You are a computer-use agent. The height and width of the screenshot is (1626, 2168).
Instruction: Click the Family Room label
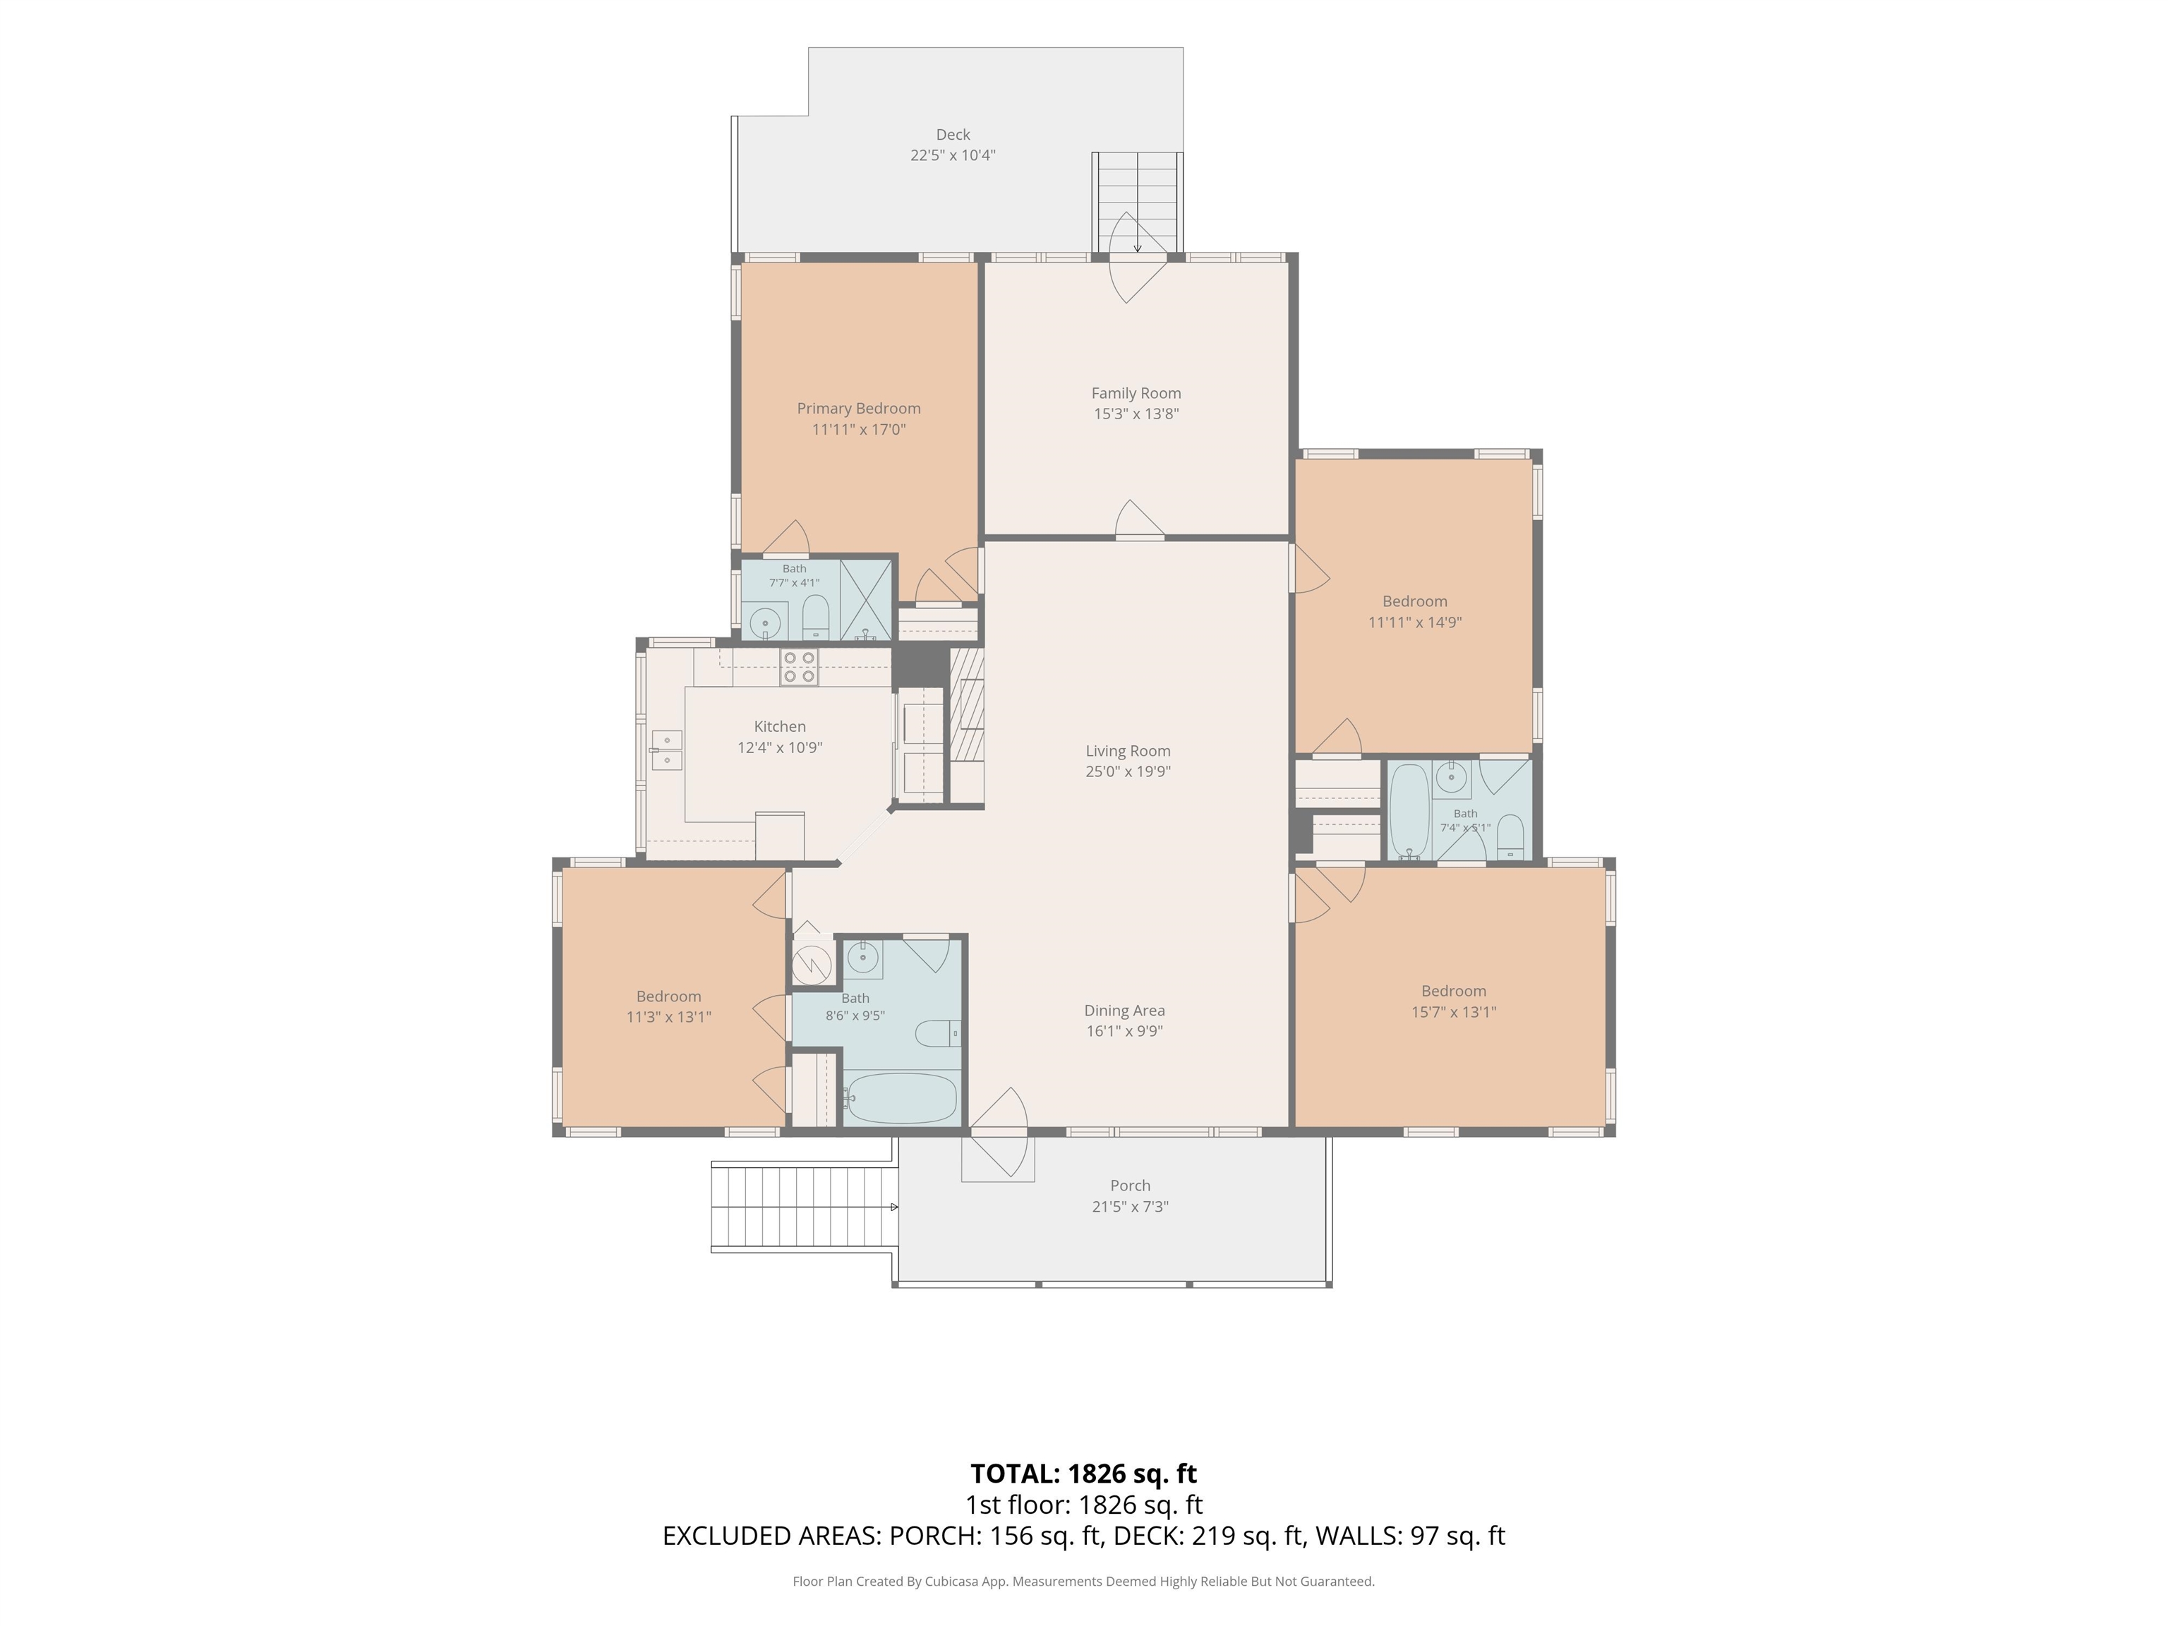(x=1136, y=393)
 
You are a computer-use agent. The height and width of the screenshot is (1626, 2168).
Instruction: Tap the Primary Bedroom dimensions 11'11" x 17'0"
(x=859, y=429)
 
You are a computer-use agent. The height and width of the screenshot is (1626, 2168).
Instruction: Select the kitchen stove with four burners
(x=799, y=668)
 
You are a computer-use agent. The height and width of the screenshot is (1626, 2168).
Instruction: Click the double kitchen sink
(x=666, y=749)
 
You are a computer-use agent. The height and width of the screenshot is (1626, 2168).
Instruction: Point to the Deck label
(x=953, y=134)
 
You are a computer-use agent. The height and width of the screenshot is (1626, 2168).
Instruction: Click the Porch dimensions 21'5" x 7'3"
(x=1130, y=1207)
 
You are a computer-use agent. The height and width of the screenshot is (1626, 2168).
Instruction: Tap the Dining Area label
(x=1124, y=1011)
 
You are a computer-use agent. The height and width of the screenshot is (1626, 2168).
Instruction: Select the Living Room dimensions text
(x=1128, y=771)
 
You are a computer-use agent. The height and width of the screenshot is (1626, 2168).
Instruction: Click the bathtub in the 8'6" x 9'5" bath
(x=901, y=1097)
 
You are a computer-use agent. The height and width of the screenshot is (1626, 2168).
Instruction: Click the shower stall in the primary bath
(x=865, y=600)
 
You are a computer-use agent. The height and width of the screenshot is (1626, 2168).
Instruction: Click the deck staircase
(x=1137, y=202)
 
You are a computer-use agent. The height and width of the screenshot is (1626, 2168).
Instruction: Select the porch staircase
(x=804, y=1207)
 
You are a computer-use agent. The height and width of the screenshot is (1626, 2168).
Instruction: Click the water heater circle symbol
(x=812, y=963)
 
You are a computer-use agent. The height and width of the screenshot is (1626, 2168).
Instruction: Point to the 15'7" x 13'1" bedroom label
(x=1454, y=991)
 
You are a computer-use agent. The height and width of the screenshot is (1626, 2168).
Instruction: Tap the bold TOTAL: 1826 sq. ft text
(x=1083, y=1473)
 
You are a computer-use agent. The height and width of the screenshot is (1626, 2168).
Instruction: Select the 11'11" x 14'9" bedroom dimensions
(x=1414, y=622)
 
